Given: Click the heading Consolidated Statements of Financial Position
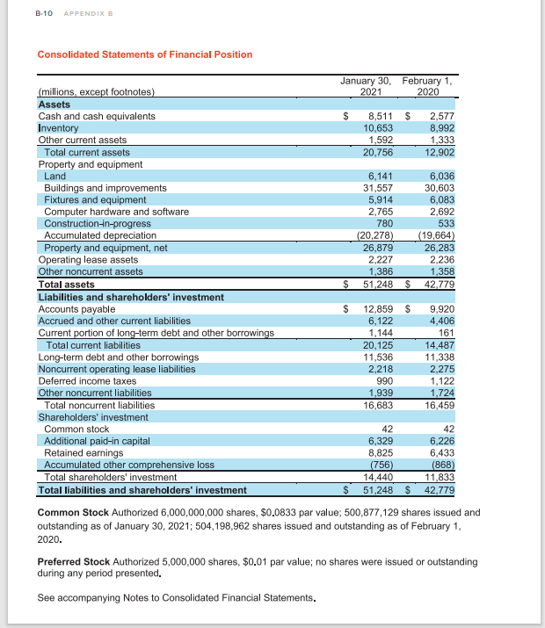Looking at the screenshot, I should (145, 54).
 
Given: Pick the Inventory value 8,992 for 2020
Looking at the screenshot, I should (440, 127).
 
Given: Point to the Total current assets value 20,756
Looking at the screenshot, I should (377, 152).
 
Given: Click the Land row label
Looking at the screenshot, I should (54, 176).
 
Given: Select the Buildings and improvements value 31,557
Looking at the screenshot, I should (377, 188).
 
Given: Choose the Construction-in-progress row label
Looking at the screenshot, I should (98, 223).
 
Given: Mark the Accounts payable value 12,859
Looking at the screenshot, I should (377, 309).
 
